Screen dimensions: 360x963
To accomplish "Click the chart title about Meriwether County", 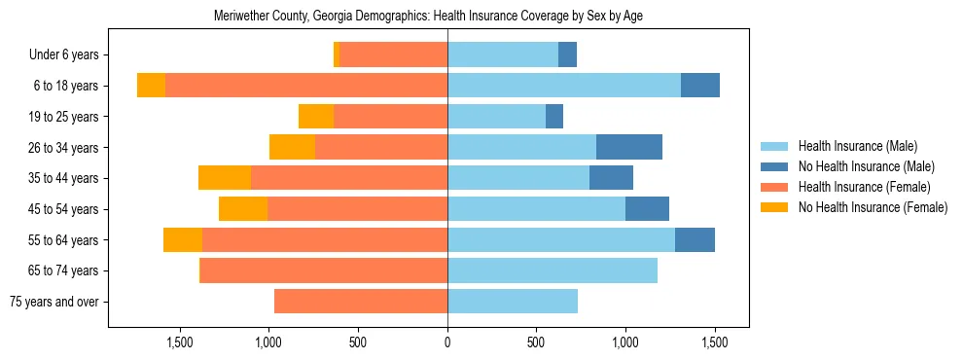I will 428,17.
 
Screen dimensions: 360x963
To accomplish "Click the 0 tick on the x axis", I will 447,342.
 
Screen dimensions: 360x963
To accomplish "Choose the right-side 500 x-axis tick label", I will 536,342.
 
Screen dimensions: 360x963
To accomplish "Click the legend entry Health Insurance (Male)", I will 857,146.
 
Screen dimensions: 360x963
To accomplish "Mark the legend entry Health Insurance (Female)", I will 864,187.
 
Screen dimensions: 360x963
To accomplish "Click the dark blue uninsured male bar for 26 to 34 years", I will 629,148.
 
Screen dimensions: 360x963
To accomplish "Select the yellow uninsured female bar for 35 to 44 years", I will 225,178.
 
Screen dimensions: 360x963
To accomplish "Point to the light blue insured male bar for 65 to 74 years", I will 553,270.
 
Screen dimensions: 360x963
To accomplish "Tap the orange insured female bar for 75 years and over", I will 361,302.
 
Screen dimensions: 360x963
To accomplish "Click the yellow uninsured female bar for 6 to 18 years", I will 151,86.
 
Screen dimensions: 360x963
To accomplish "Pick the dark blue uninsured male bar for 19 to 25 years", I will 554,117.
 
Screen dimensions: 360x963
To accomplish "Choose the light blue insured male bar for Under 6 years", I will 503,55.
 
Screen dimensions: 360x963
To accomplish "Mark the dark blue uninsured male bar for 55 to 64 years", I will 695,240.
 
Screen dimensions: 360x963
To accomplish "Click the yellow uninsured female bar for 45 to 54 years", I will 243,209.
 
